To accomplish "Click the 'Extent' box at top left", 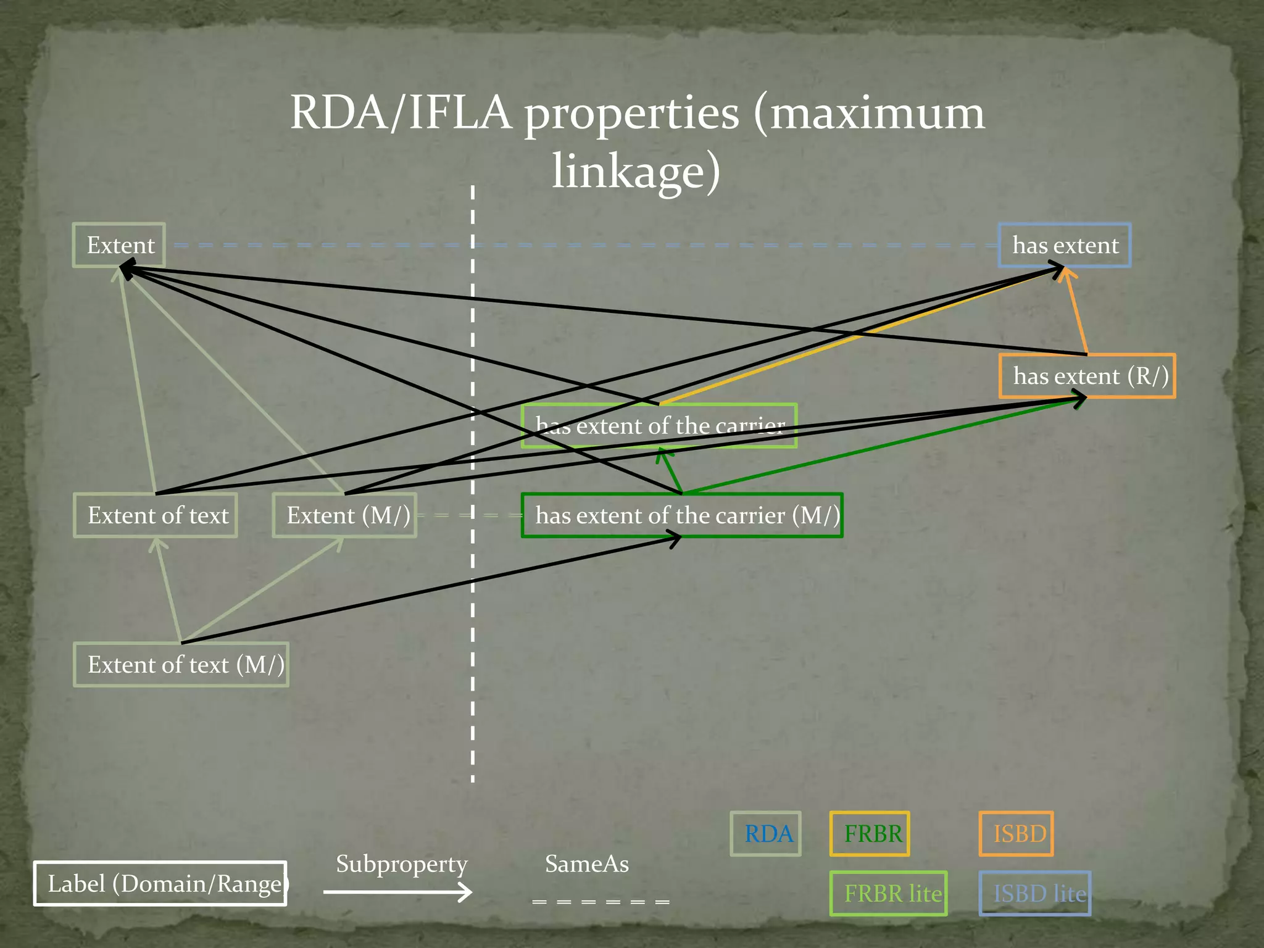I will pos(119,245).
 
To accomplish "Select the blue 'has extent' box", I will pos(1065,245).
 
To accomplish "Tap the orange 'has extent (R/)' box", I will pos(1087,376).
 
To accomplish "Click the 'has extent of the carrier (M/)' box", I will pos(682,515).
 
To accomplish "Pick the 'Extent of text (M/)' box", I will pos(181,665).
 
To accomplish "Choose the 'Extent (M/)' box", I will pos(344,515).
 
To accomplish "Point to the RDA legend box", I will pos(765,834).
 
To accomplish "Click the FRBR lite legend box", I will pos(889,893).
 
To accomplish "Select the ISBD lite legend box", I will pos(1035,893).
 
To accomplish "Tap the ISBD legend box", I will pos(1016,834).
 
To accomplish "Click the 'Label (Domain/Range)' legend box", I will pos(160,884).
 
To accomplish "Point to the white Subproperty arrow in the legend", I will pos(397,892).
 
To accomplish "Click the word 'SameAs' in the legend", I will pos(587,864).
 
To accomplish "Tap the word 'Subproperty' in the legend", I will pos(402,864).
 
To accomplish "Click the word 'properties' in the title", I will pos(631,114).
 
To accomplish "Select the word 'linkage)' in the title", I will pos(636,171).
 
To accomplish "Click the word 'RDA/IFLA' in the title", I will pos(401,113).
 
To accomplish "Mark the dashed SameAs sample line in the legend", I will pos(601,902).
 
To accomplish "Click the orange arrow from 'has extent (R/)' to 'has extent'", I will pos(1077,312).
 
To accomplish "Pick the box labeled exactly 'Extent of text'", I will pos(156,515).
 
